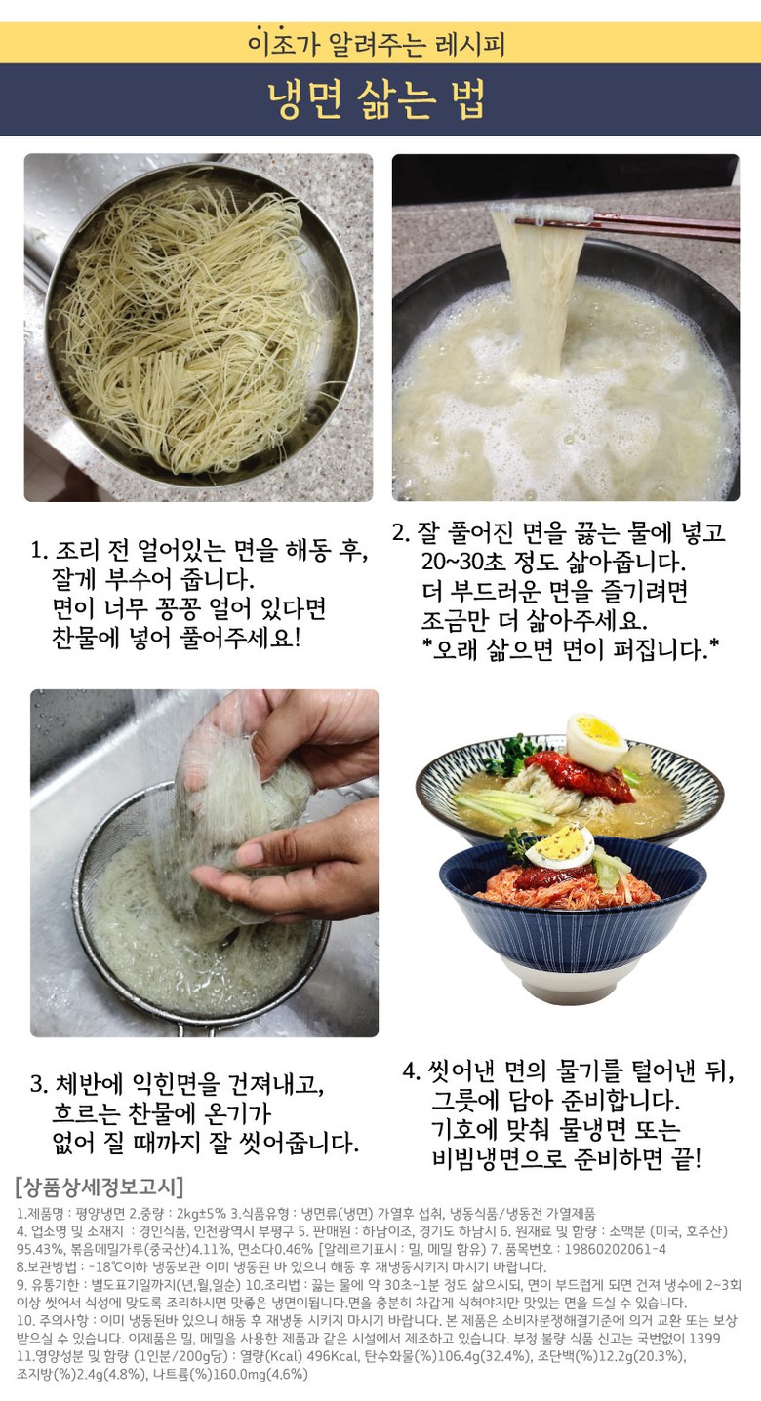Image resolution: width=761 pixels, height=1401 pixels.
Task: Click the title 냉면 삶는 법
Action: tap(377, 99)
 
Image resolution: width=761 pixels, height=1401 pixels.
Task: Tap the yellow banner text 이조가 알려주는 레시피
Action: tap(377, 43)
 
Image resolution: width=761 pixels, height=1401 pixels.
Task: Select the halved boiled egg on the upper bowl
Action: tap(596, 741)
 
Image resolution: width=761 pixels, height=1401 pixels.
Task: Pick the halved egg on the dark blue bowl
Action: tap(560, 846)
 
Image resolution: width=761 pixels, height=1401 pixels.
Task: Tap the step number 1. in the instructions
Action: tap(39, 551)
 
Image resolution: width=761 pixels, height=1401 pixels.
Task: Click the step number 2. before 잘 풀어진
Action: tap(401, 532)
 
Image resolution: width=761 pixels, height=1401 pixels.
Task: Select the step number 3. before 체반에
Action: tap(39, 1084)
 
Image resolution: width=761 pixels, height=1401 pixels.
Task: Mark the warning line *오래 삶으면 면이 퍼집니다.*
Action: tap(570, 650)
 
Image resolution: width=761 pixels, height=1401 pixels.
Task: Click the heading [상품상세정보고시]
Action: tap(100, 1187)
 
